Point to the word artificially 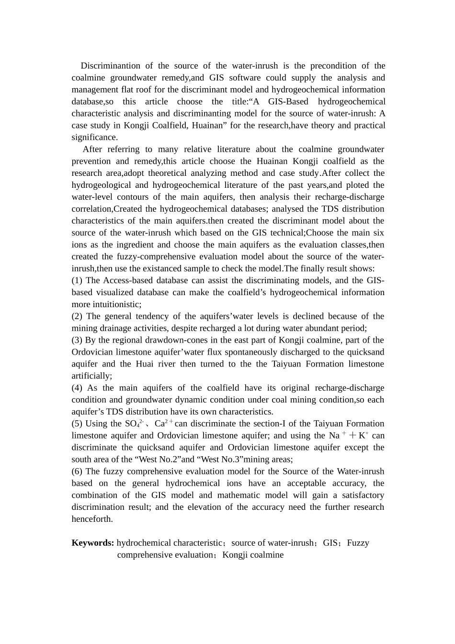click(91, 376)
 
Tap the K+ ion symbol click(364, 436)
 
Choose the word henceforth click(92, 519)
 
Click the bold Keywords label click(92, 543)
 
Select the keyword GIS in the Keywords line click(330, 543)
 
